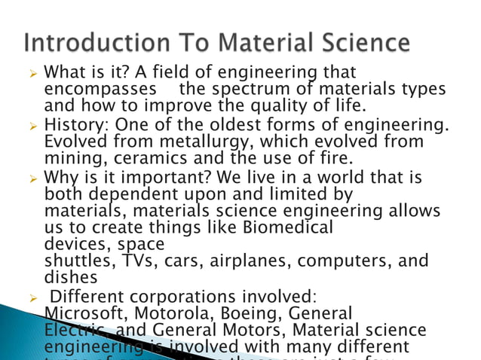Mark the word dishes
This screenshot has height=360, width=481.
[68, 278]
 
